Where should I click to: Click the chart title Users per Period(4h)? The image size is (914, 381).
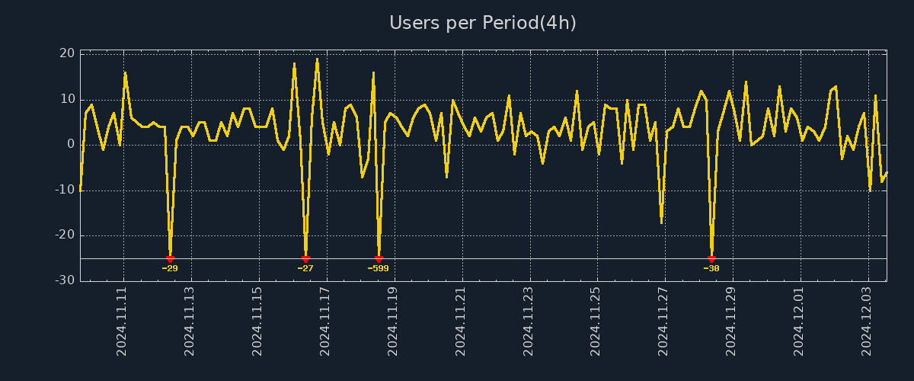click(x=483, y=23)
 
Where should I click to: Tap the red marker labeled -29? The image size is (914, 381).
click(x=170, y=259)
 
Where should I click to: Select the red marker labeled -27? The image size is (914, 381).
click(x=305, y=259)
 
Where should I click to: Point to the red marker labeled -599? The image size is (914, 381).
click(x=379, y=259)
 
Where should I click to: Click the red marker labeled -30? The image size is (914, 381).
click(x=711, y=259)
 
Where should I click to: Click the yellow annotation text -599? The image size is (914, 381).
click(x=378, y=268)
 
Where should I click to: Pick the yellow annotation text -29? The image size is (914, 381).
click(x=170, y=268)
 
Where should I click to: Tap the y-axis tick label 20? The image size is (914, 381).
click(x=67, y=53)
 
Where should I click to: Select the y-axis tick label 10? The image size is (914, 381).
click(x=67, y=99)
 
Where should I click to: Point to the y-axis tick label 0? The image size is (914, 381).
click(x=71, y=144)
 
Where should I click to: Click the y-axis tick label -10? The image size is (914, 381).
click(x=65, y=190)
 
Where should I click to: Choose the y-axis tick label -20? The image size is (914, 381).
click(x=65, y=235)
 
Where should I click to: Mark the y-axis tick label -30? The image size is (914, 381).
click(x=65, y=280)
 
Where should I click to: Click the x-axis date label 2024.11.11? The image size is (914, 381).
click(x=123, y=322)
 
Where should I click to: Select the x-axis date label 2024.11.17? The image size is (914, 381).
click(x=325, y=322)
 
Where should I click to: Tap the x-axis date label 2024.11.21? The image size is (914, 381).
click(x=461, y=322)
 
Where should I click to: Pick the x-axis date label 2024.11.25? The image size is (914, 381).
click(x=596, y=322)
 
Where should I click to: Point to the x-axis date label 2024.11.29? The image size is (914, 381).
click(x=731, y=322)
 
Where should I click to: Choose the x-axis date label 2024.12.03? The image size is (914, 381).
click(x=866, y=322)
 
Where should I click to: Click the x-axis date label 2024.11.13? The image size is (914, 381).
click(x=190, y=322)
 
